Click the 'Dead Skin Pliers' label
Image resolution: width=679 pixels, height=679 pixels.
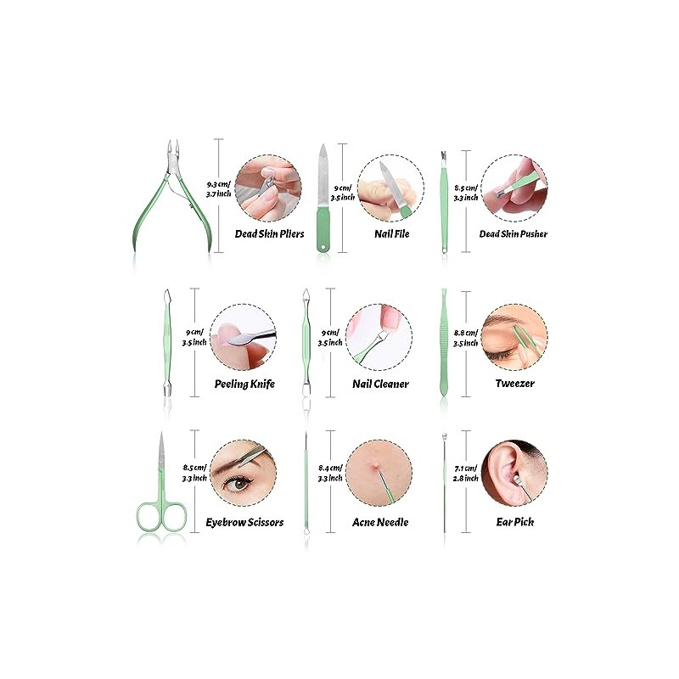click(x=269, y=234)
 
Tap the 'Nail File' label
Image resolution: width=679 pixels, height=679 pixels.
click(x=391, y=234)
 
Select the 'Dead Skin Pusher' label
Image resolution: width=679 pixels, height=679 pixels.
click(x=513, y=234)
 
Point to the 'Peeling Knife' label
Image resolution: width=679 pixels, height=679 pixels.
click(x=244, y=384)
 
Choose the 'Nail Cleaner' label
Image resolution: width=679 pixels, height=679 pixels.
click(x=380, y=384)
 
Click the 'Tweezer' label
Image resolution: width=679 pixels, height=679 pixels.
click(x=515, y=384)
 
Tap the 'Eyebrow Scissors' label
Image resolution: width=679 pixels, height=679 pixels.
click(x=244, y=522)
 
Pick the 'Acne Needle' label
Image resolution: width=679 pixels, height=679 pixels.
click(x=380, y=522)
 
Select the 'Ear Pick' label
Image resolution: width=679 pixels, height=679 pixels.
click(x=515, y=522)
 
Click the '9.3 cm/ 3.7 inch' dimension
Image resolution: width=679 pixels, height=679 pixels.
click(x=219, y=189)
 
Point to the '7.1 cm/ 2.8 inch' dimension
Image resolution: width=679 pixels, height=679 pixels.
click(x=465, y=474)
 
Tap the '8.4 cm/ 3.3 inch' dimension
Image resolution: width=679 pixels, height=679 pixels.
click(x=330, y=473)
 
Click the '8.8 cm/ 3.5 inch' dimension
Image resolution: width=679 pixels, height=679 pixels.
click(x=465, y=338)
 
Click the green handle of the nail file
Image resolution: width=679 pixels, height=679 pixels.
click(x=323, y=229)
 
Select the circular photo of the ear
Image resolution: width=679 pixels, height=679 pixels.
click(x=514, y=473)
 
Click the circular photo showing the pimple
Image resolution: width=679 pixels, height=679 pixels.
click(x=379, y=473)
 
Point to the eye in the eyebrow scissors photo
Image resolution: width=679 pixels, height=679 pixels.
click(x=237, y=483)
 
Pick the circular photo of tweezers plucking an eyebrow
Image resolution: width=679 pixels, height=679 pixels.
click(x=514, y=337)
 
